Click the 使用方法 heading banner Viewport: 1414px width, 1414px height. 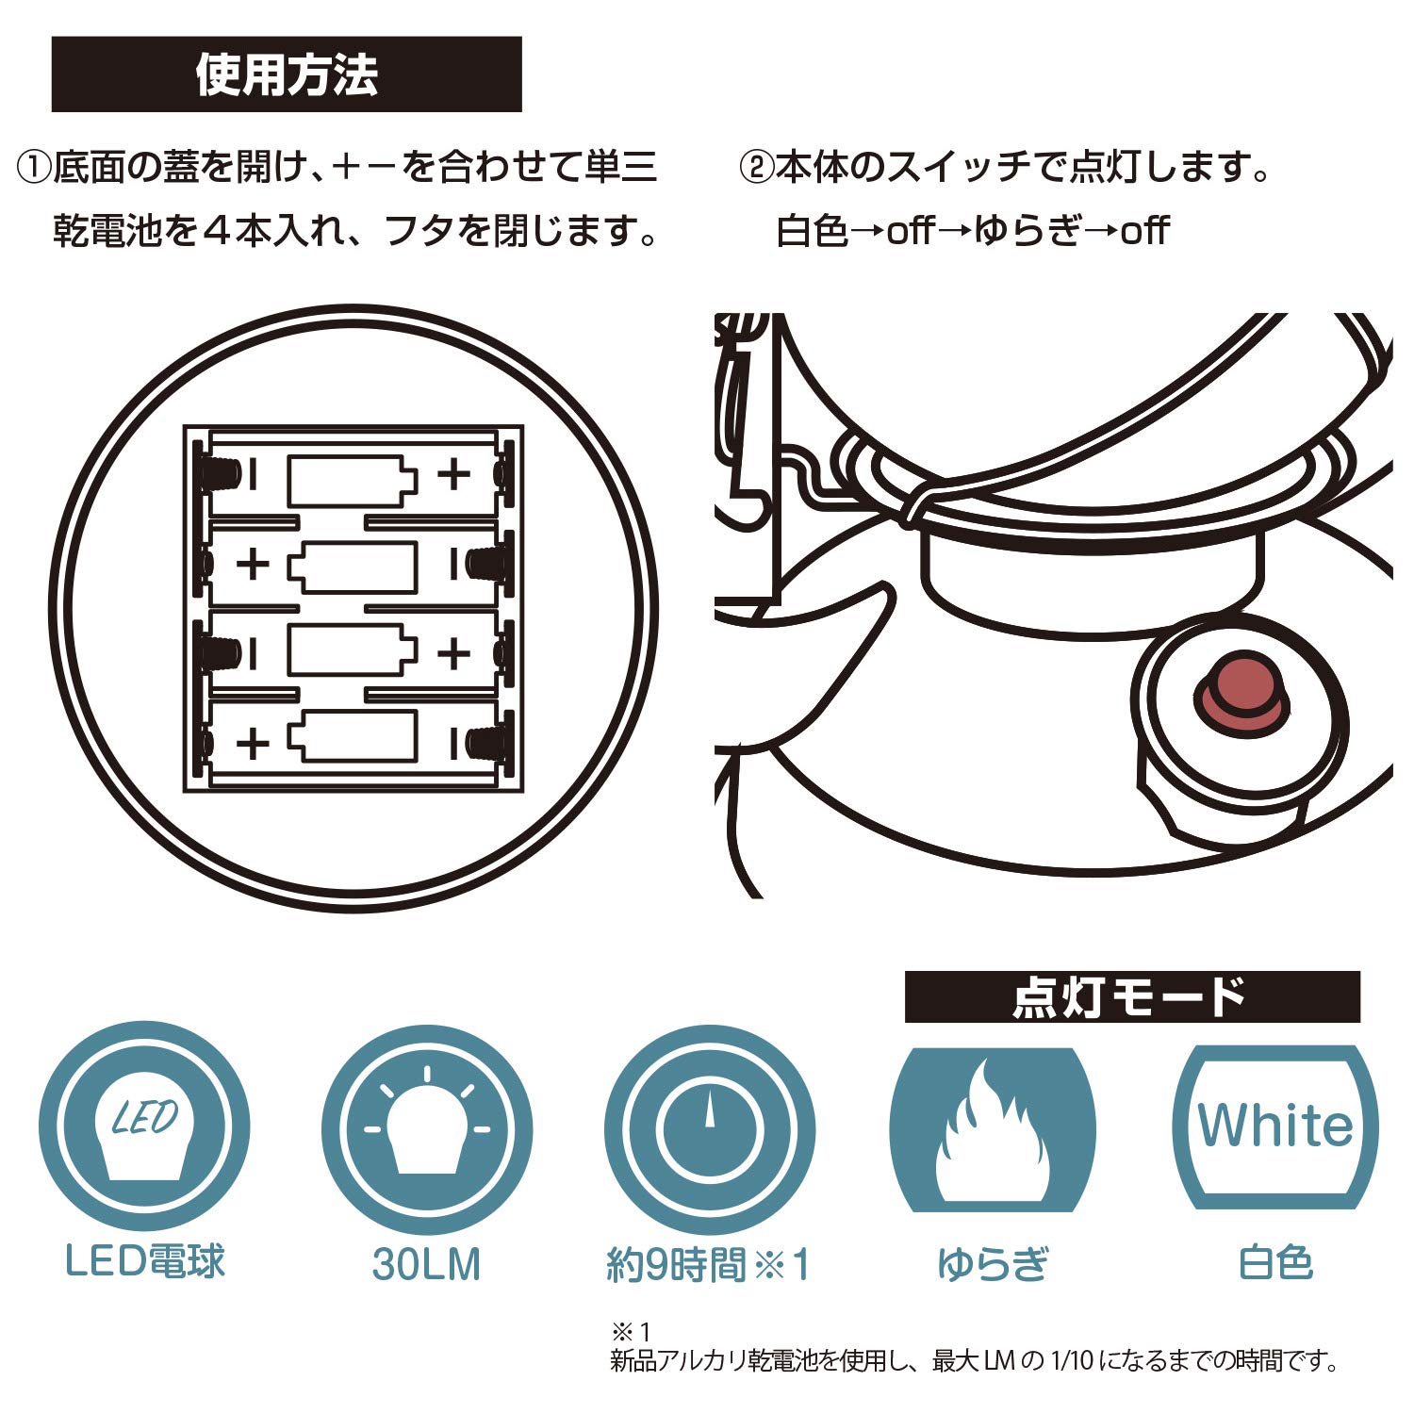(x=287, y=74)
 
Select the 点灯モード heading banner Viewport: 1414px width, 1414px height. (x=1132, y=996)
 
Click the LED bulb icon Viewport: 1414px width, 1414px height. (x=144, y=1129)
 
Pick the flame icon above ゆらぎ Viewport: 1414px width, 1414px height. (x=993, y=1128)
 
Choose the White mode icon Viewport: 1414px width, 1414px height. (x=1275, y=1127)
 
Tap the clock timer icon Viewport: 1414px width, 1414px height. (x=709, y=1129)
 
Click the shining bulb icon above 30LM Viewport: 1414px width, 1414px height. (x=427, y=1129)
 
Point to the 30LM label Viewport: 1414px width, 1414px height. (x=426, y=1264)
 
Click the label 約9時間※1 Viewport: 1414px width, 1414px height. (x=708, y=1264)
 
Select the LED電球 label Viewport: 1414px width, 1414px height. (x=145, y=1261)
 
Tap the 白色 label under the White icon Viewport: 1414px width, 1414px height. (x=1275, y=1263)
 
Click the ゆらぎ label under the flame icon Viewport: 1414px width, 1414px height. (x=993, y=1264)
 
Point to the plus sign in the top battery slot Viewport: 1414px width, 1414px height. (x=453, y=474)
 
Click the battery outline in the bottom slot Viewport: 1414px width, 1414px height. (x=352, y=736)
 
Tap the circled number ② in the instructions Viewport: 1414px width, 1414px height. (x=756, y=169)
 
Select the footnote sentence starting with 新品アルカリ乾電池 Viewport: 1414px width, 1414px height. (x=974, y=1361)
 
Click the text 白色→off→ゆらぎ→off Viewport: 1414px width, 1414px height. (x=972, y=231)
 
